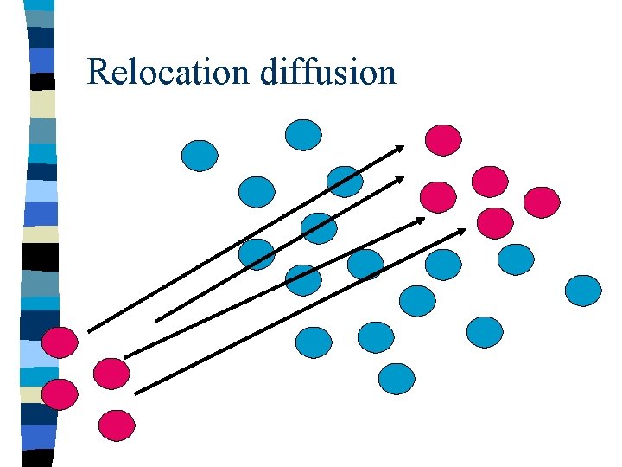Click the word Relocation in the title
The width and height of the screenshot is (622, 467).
(169, 72)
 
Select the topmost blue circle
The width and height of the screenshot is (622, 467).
(303, 134)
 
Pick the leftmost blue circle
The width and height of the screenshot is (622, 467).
(200, 155)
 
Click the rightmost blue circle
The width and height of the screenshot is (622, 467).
(583, 290)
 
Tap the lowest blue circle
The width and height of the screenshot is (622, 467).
(397, 378)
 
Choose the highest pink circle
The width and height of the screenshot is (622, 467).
(444, 139)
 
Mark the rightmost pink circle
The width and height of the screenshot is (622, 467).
(543, 202)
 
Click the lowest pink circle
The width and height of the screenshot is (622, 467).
(117, 425)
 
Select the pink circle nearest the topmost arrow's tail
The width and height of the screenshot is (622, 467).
(61, 342)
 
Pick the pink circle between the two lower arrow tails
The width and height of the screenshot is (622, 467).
(111, 373)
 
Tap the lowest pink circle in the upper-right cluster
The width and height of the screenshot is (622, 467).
(496, 221)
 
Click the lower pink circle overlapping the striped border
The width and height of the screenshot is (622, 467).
(60, 393)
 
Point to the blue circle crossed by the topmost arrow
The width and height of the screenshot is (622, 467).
(345, 181)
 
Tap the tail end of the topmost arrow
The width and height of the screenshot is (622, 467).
(89, 330)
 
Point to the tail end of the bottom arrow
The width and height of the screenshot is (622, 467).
(136, 393)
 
